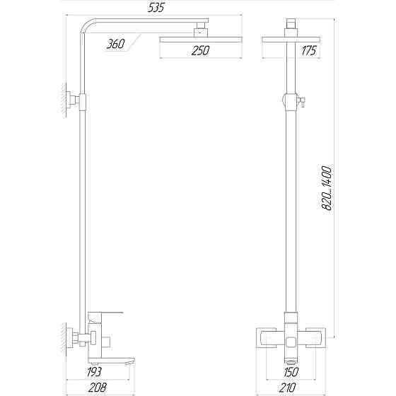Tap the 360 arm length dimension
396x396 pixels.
pyautogui.click(x=115, y=45)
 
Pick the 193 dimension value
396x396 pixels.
pyautogui.click(x=94, y=371)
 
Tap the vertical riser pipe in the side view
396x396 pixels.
pyautogui.click(x=83, y=212)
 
